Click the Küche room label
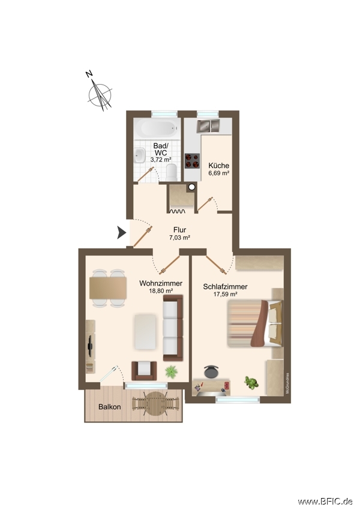218,166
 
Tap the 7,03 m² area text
180,238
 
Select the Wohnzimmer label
161,283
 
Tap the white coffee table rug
146,331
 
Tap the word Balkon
110,406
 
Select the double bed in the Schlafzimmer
254,324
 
